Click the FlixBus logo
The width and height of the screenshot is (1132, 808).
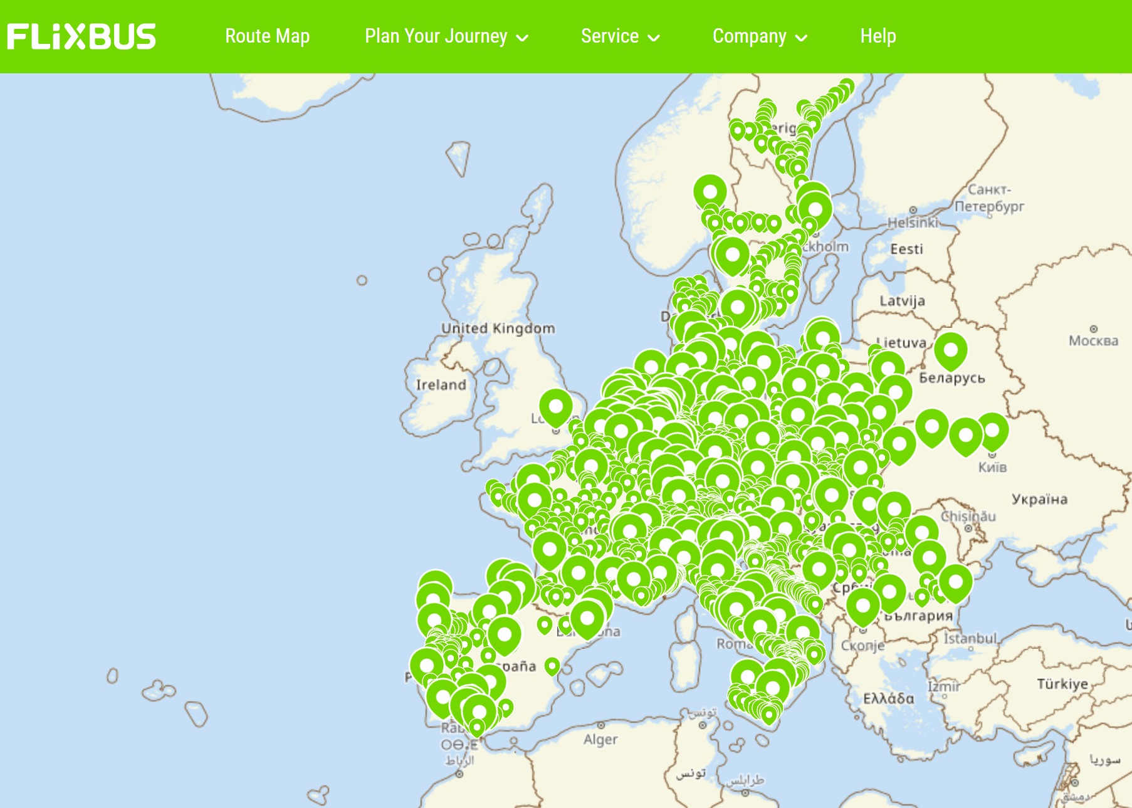(x=81, y=36)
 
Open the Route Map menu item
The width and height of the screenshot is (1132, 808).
(x=267, y=36)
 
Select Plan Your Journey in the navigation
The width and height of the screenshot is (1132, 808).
(x=436, y=36)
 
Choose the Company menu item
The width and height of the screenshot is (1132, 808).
(x=749, y=36)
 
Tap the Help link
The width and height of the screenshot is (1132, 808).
(x=878, y=36)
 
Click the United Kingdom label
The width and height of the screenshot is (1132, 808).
(x=498, y=328)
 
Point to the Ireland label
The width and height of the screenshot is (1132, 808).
(x=441, y=384)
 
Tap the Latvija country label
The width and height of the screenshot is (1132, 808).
(x=902, y=301)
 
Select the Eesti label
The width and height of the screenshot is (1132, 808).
(x=906, y=249)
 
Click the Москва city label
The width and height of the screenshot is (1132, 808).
(x=1093, y=340)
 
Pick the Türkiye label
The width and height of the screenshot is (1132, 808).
(x=1062, y=683)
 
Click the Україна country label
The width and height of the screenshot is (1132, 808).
(x=1039, y=499)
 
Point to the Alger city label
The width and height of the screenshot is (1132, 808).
(x=600, y=740)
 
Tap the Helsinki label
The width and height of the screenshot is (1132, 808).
(x=913, y=222)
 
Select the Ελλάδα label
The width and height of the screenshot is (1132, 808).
(x=888, y=698)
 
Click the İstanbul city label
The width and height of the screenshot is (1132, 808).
(x=970, y=638)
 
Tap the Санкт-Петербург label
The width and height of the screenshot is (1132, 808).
(x=989, y=197)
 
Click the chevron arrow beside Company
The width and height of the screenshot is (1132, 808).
(x=801, y=38)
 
